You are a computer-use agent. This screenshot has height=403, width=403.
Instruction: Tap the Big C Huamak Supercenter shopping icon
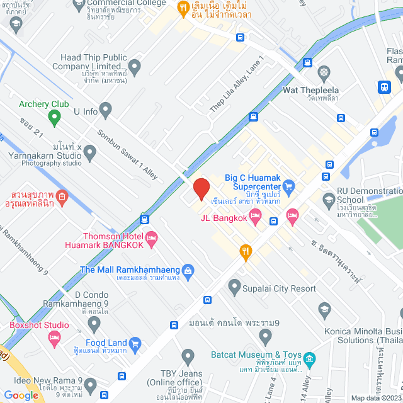pyautogui.click(x=289, y=186)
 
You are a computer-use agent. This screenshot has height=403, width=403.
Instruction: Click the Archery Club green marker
pyautogui.click(x=54, y=116)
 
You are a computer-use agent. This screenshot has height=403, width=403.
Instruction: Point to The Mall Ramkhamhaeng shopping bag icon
pyautogui.click(x=188, y=270)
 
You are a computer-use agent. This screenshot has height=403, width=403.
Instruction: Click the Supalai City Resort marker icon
pyautogui.click(x=234, y=288)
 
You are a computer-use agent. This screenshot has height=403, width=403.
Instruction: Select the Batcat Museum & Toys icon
pyautogui.click(x=309, y=360)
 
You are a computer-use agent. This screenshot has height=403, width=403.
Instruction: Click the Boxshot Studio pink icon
pyautogui.click(x=54, y=338)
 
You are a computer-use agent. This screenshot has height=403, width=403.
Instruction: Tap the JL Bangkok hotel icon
pyautogui.click(x=255, y=218)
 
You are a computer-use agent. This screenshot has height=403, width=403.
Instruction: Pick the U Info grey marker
pyautogui.click(x=105, y=111)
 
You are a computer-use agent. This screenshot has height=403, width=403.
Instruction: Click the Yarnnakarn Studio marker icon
pyautogui.click(x=90, y=152)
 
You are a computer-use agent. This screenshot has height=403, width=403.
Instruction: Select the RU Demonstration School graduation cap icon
pyautogui.click(x=328, y=201)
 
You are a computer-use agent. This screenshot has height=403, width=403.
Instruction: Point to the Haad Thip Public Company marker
pyautogui.click(x=134, y=65)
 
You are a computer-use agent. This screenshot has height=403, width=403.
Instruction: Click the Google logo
pyautogui.click(x=21, y=395)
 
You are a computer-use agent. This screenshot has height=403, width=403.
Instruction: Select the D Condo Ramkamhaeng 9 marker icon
pyautogui.click(x=94, y=325)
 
